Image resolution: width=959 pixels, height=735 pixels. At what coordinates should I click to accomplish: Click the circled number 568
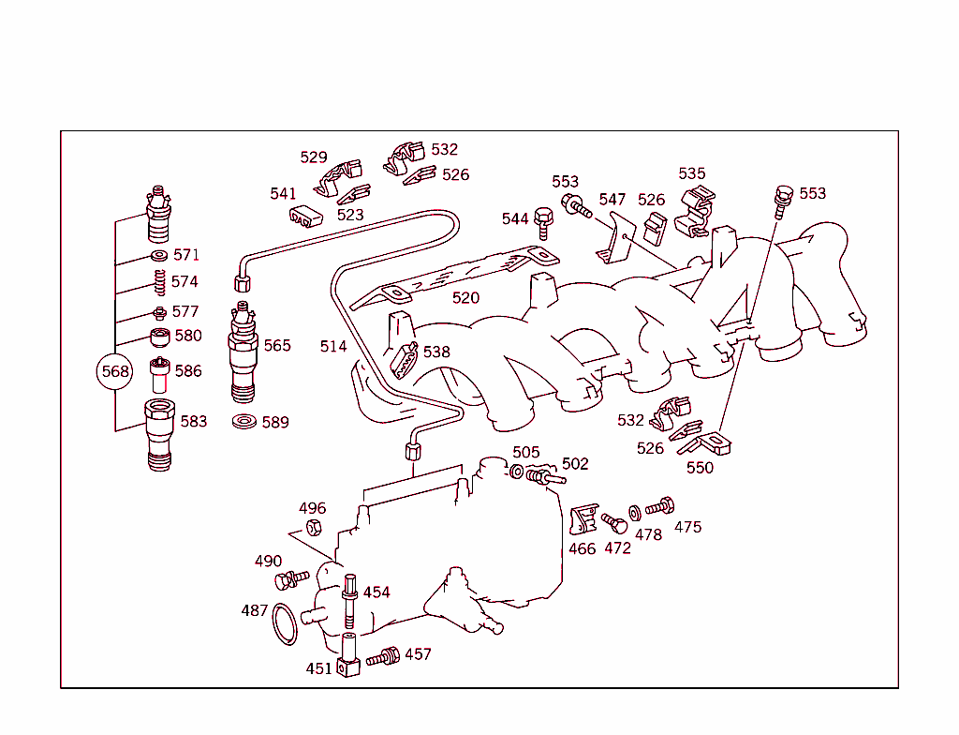tap(115, 372)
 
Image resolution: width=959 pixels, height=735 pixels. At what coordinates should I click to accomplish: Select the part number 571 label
tap(186, 255)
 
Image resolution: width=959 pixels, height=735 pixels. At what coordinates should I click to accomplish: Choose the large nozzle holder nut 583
tap(158, 432)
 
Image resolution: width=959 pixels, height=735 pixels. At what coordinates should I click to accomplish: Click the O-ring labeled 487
tap(286, 625)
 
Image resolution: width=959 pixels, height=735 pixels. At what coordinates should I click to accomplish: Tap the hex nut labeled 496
tap(316, 529)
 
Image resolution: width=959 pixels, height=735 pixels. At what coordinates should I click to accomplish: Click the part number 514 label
tap(333, 346)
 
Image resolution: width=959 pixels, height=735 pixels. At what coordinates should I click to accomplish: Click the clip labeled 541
tap(304, 217)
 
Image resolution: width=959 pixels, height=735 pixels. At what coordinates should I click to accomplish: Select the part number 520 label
tap(465, 298)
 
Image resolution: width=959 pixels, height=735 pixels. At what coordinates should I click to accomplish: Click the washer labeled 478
tap(635, 512)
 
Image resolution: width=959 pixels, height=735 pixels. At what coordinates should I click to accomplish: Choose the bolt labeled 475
tap(660, 506)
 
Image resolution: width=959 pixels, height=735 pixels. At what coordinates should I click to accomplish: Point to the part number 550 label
tap(700, 468)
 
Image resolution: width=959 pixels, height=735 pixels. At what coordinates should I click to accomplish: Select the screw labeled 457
tap(385, 657)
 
